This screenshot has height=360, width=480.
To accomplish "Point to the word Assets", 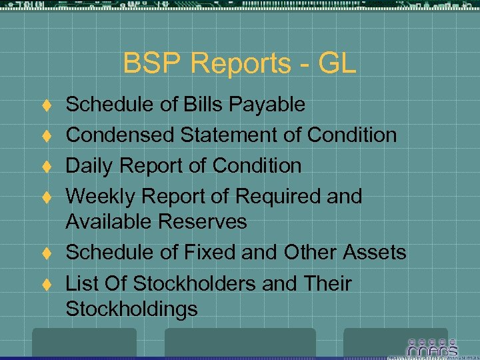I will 374,253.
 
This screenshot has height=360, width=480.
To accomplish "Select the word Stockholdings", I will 132,309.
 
